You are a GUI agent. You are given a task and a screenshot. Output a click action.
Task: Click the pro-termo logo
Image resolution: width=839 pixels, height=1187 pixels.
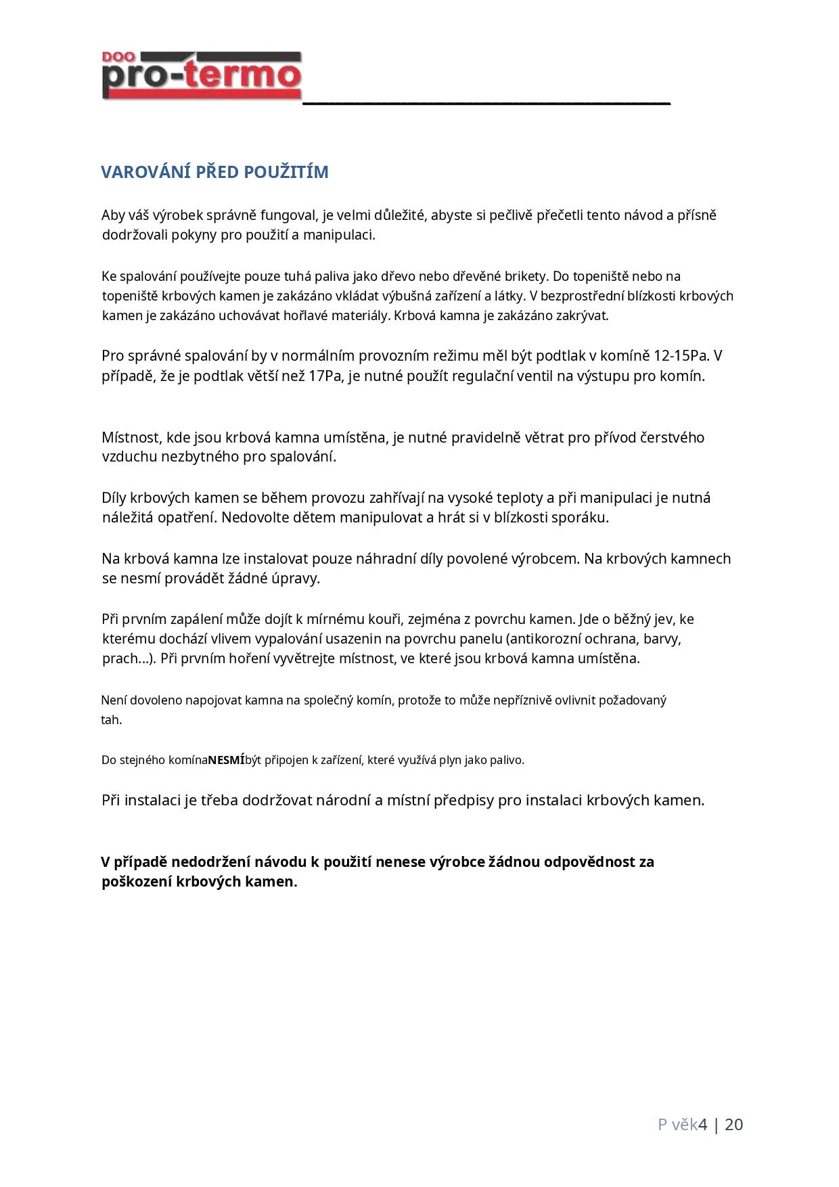click(x=201, y=76)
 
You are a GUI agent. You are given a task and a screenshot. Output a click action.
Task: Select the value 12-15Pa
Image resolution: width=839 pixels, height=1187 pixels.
click(x=681, y=356)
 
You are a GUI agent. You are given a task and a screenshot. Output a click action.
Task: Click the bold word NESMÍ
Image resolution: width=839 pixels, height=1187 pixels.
click(x=226, y=760)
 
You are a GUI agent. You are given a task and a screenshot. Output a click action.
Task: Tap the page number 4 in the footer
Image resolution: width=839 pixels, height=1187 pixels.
click(x=703, y=1125)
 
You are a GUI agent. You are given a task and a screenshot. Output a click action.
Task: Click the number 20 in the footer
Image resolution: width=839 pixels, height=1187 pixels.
click(x=734, y=1125)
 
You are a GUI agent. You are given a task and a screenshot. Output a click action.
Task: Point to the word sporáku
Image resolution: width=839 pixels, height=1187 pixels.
click(x=584, y=518)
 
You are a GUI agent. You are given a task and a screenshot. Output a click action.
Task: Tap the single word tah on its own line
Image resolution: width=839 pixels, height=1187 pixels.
click(x=111, y=720)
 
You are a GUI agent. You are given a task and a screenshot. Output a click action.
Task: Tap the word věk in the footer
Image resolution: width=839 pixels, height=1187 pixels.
click(x=685, y=1125)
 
